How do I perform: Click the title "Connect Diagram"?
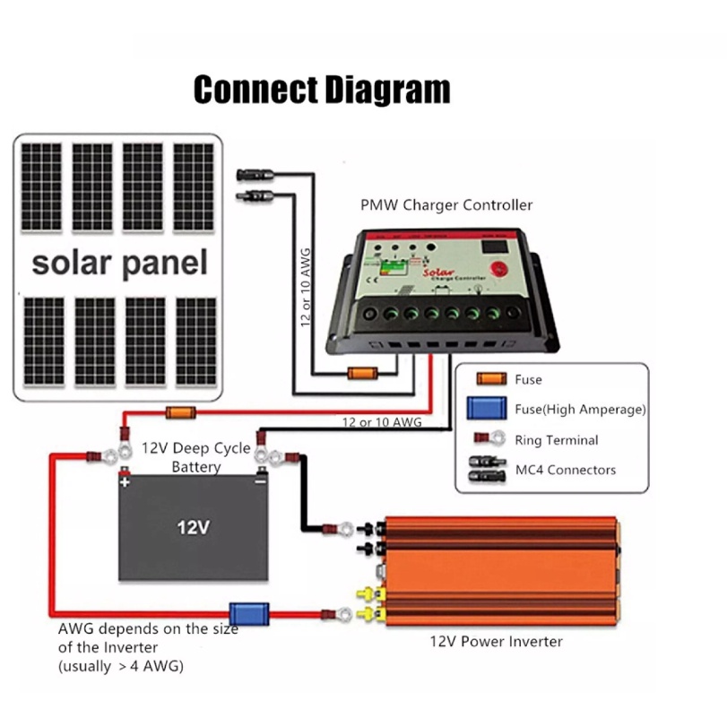pos(322,91)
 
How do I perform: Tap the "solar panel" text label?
pos(119,263)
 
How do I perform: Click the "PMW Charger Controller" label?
pos(446,205)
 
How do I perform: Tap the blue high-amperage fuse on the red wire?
pos(245,614)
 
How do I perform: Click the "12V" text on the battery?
pos(193,527)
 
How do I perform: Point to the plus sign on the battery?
pos(125,481)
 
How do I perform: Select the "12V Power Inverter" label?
pos(496,641)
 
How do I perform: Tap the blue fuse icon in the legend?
pos(487,410)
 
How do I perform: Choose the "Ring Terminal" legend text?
pos(557,440)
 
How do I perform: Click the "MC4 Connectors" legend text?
pos(566,470)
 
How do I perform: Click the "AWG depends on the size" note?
pos(148,629)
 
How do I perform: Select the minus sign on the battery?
pos(259,481)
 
